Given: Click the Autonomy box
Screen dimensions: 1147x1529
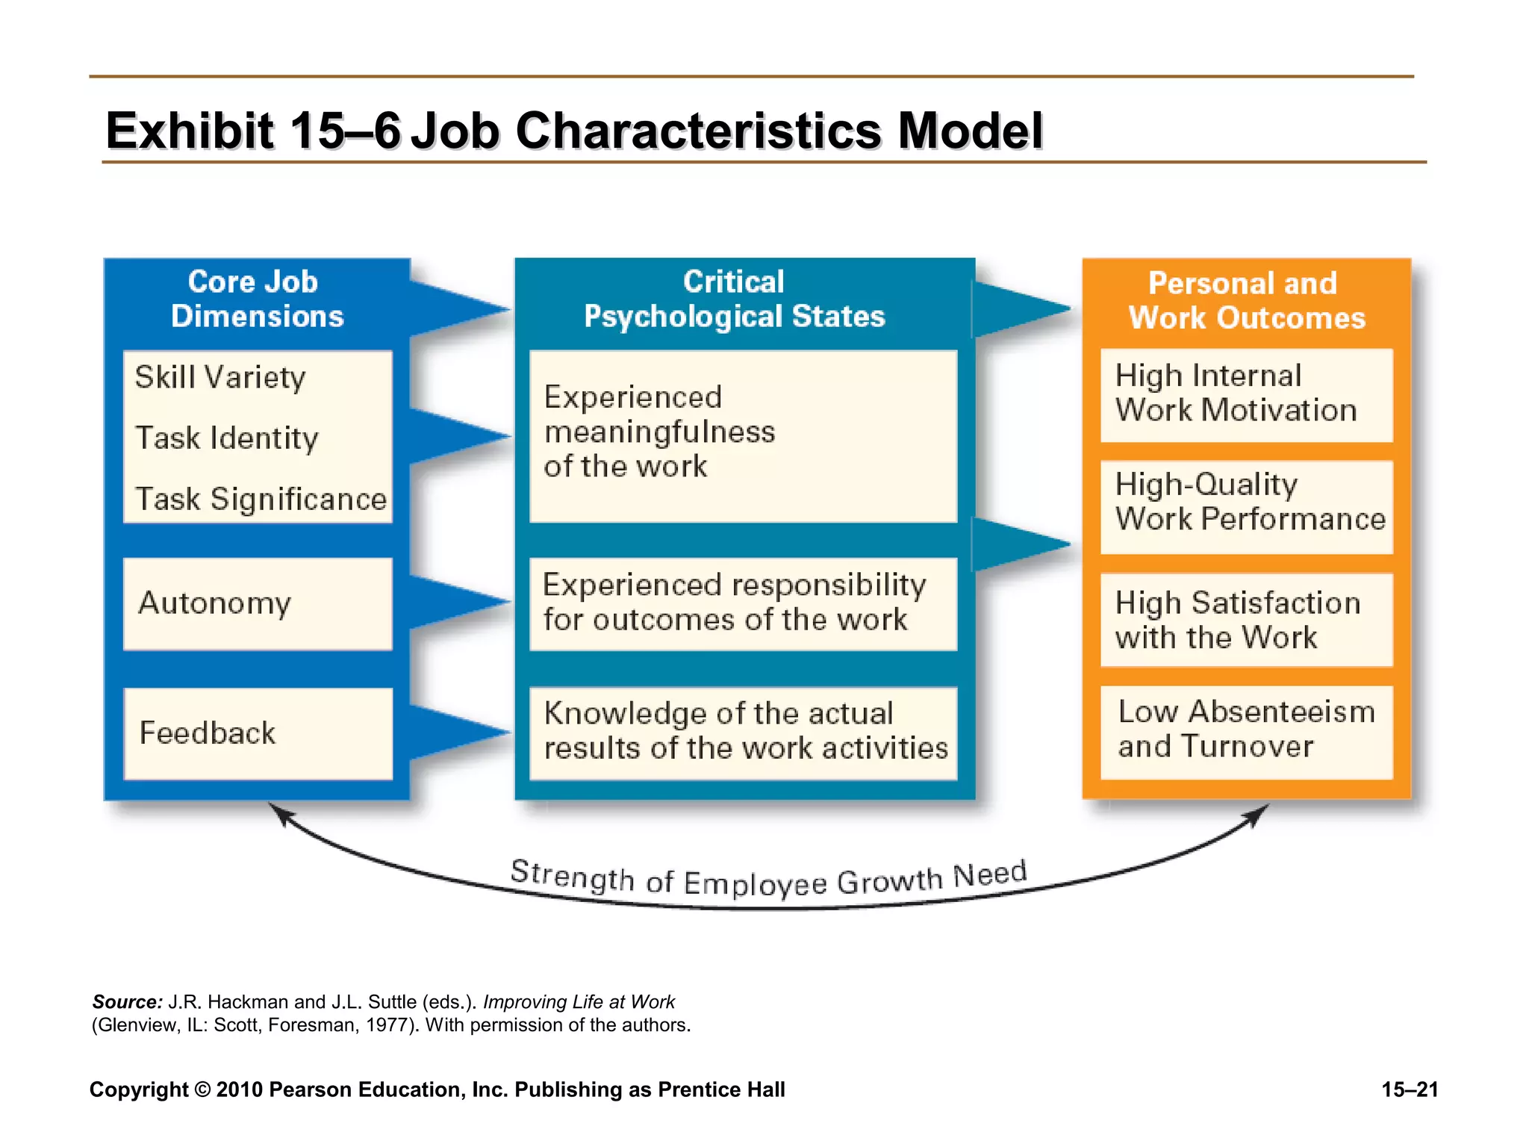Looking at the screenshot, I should tap(258, 603).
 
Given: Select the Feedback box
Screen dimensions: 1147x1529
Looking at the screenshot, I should tap(258, 733).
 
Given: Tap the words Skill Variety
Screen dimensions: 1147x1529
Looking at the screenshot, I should tap(220, 377).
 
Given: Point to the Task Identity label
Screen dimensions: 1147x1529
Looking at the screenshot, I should tap(227, 438).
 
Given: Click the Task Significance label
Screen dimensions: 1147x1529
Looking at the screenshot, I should tap(261, 499).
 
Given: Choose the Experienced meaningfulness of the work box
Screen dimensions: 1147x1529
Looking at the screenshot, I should tap(743, 435).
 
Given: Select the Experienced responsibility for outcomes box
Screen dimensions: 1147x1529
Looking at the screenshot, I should tap(743, 603).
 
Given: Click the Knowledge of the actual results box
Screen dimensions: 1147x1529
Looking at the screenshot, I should tap(743, 732).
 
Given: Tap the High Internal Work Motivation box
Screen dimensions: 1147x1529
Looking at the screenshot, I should tap(1246, 394).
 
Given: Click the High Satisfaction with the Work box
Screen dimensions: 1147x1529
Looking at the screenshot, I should tap(1246, 620).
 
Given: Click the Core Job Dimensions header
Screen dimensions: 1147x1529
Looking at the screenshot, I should tap(256, 299).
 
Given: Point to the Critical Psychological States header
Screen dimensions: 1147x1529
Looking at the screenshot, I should tap(735, 299).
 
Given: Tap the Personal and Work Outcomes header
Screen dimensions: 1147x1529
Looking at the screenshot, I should tap(1246, 301).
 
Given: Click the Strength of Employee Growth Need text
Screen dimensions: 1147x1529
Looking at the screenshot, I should tap(769, 880).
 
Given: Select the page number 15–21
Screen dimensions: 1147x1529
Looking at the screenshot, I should tap(1410, 1090).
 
